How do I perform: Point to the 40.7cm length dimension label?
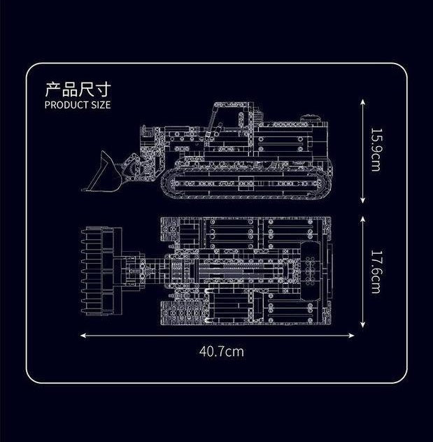coord(222,351)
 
